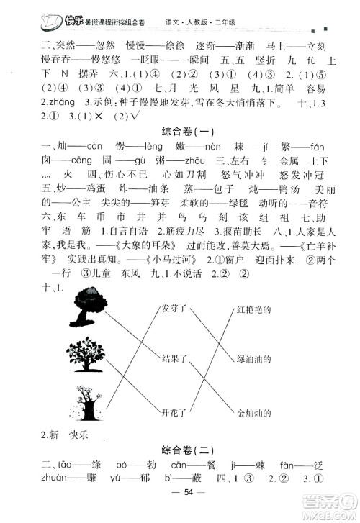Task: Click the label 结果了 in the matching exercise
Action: click(174, 357)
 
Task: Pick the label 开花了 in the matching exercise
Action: click(174, 411)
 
